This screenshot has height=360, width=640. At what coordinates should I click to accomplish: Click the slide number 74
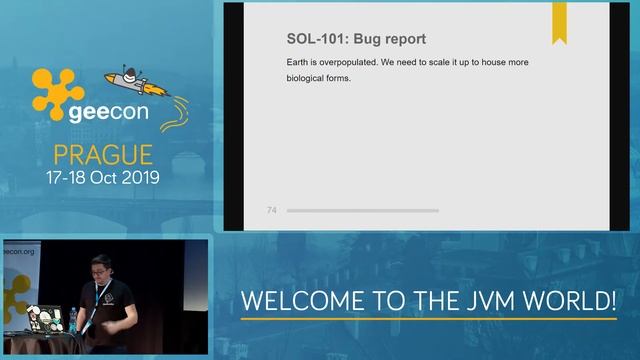(x=272, y=210)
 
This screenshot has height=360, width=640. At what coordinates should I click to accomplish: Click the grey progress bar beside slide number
(x=362, y=210)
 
